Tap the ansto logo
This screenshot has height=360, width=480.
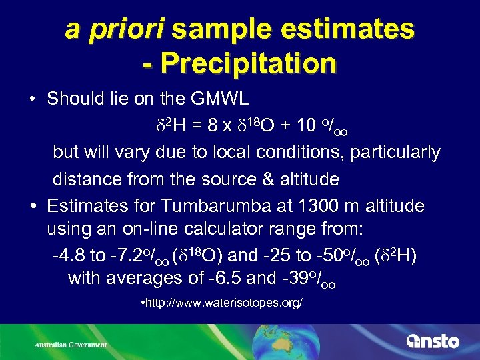[x=433, y=341]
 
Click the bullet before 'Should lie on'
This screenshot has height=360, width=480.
[x=32, y=99]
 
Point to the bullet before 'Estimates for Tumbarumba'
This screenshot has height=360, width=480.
[x=32, y=205]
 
